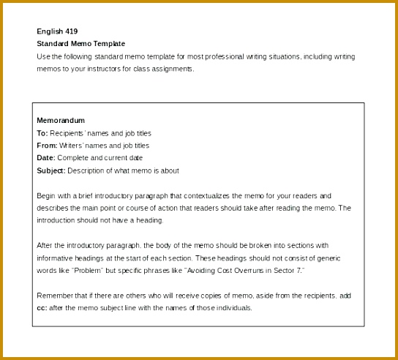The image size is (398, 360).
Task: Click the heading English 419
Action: click(57, 31)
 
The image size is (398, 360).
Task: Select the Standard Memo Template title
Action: click(80, 44)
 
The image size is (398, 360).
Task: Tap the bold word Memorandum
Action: click(61, 120)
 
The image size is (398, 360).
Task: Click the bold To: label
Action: click(42, 133)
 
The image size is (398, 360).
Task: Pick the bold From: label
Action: click(46, 146)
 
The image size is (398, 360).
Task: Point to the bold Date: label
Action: click(45, 158)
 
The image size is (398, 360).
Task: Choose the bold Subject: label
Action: click(50, 170)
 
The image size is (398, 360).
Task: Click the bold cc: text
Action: click(41, 308)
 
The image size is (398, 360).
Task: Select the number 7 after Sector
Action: click(298, 271)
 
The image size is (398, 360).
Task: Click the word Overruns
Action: click(246, 271)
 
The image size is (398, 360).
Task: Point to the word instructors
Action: click(115, 69)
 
